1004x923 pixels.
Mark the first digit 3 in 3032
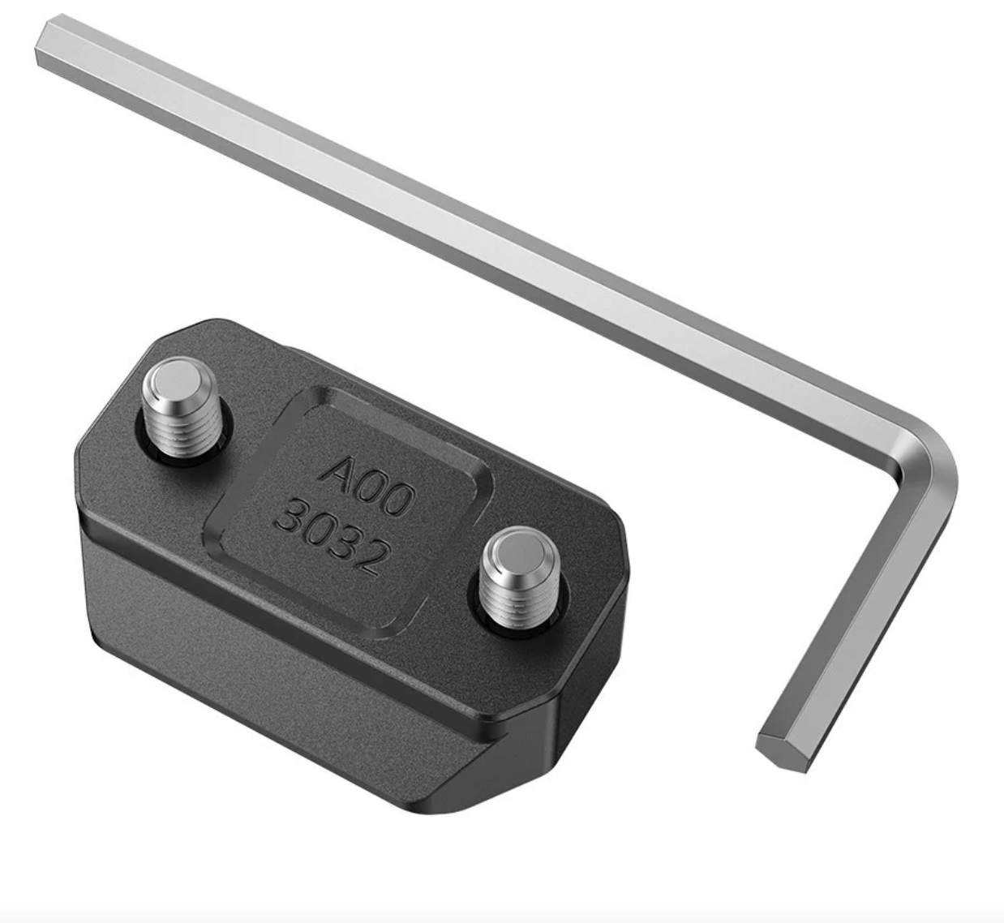coord(288,517)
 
